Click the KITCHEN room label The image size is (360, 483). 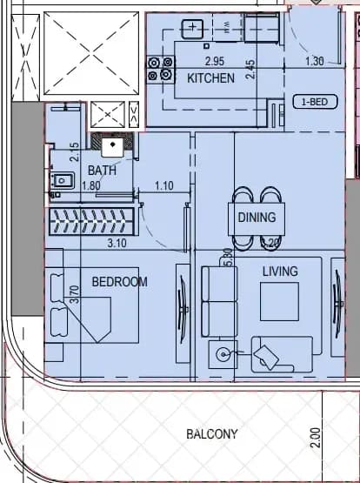click(x=210, y=78)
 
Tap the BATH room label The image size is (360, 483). click(x=102, y=171)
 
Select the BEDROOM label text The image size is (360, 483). click(x=120, y=282)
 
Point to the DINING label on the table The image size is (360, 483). click(x=257, y=218)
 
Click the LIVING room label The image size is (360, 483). click(x=280, y=272)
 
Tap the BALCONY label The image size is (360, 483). click(x=212, y=434)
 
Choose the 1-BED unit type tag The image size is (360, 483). click(x=315, y=102)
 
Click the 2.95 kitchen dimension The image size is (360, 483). click(x=215, y=61)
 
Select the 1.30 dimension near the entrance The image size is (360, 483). click(x=315, y=61)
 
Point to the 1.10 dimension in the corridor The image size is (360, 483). click(x=164, y=185)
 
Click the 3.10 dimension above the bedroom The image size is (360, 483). click(x=117, y=244)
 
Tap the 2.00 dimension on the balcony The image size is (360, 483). click(x=316, y=438)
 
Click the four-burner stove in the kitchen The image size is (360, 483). click(x=160, y=70)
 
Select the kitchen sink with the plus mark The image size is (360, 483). click(x=192, y=29)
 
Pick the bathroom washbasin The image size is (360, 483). click(x=63, y=181)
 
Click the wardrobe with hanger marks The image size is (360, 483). click(x=91, y=221)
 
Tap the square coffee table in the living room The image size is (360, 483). click(x=279, y=302)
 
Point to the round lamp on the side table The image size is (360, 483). click(x=223, y=354)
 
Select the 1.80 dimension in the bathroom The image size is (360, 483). click(x=91, y=185)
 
